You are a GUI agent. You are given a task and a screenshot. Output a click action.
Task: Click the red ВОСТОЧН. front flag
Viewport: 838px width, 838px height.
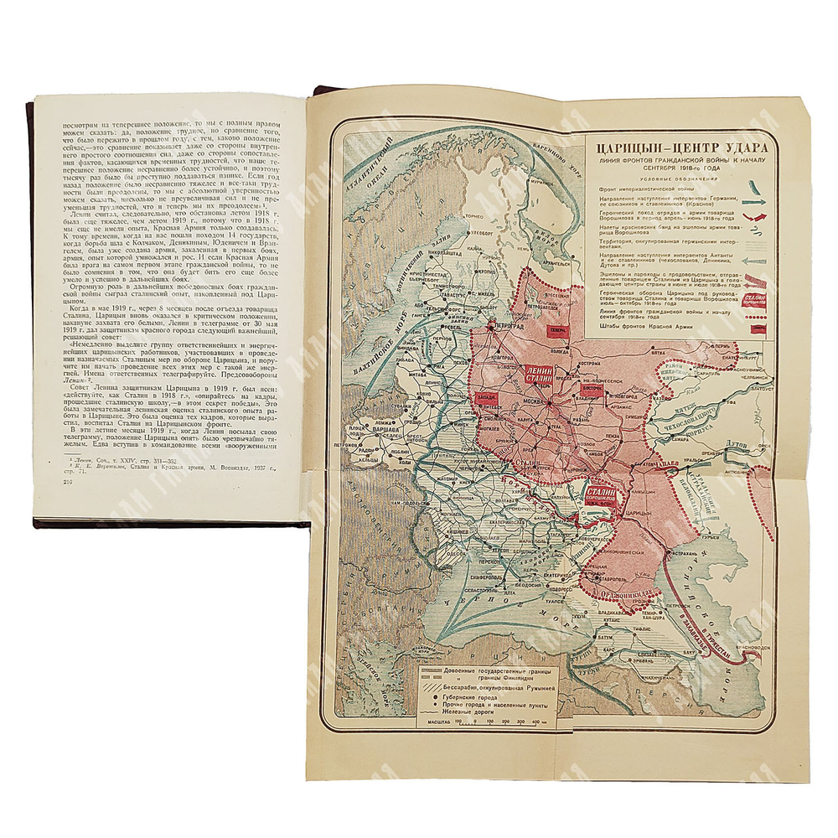[592, 391]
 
